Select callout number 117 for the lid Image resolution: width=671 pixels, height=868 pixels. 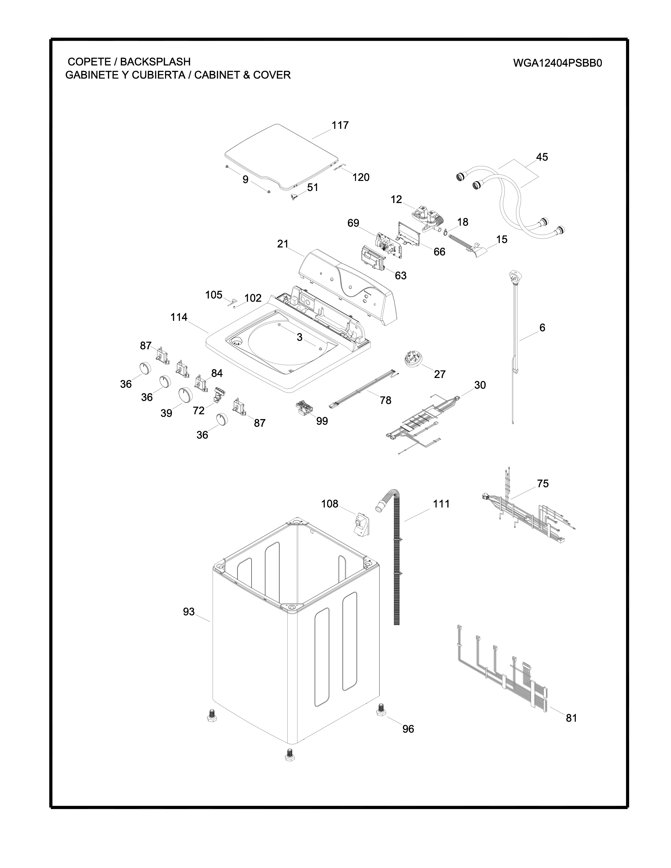(x=340, y=125)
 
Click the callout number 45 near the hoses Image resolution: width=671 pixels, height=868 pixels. (x=542, y=157)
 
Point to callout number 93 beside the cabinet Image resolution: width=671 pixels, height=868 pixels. (x=189, y=612)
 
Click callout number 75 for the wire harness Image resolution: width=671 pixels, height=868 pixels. (x=543, y=484)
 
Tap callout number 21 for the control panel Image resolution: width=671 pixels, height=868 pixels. (x=283, y=244)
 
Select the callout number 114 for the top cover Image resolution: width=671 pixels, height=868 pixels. (x=179, y=317)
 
